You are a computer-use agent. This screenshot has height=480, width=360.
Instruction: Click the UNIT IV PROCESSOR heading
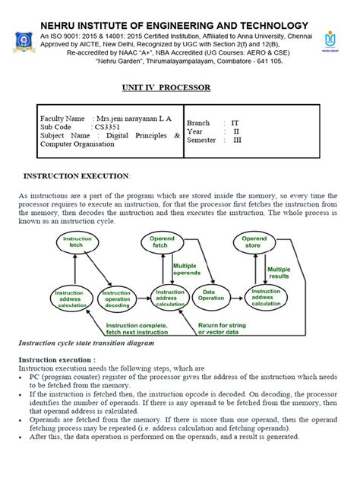(166, 87)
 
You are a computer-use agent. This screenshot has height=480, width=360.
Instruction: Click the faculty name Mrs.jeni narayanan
(132, 120)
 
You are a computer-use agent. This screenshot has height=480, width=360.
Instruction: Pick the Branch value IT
(234, 122)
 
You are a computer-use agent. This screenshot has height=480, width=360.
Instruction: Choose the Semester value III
(235, 140)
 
